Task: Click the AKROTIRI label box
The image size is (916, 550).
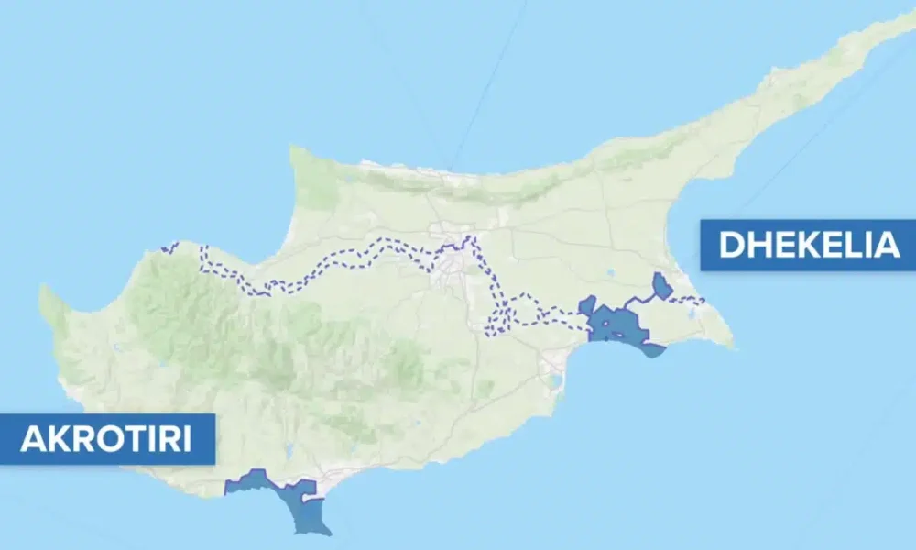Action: point(107,439)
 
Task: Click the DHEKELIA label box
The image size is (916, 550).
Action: point(808,245)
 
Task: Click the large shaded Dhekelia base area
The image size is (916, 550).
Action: point(615,324)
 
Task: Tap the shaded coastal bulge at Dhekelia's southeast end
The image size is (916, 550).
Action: point(652,349)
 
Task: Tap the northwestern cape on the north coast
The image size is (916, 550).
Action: point(292,148)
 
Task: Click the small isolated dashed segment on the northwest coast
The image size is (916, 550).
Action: point(169,247)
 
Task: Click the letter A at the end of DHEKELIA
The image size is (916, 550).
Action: point(884,246)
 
